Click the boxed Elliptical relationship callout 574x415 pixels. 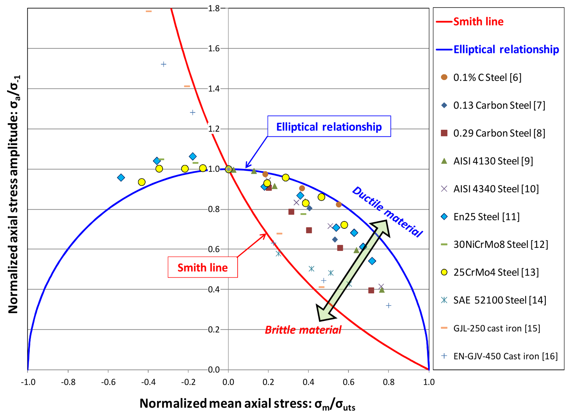tap(329, 127)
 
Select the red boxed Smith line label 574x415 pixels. tap(202, 267)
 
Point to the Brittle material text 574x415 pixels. tap(303, 330)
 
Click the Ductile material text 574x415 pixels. tap(387, 211)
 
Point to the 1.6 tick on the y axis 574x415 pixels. tap(214, 49)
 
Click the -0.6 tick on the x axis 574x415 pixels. tap(108, 382)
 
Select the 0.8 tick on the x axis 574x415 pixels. tap(389, 382)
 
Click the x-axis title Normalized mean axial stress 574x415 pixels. tap(247, 404)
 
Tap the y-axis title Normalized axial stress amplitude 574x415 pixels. tap(14, 194)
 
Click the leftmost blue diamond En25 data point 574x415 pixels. tap(121, 177)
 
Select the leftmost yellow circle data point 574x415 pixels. tap(141, 182)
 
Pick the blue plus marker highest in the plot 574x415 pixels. tap(163, 64)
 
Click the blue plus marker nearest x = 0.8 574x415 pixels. tap(389, 305)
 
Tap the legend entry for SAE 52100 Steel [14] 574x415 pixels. tap(499, 300)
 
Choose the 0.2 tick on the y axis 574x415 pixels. tap(214, 329)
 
